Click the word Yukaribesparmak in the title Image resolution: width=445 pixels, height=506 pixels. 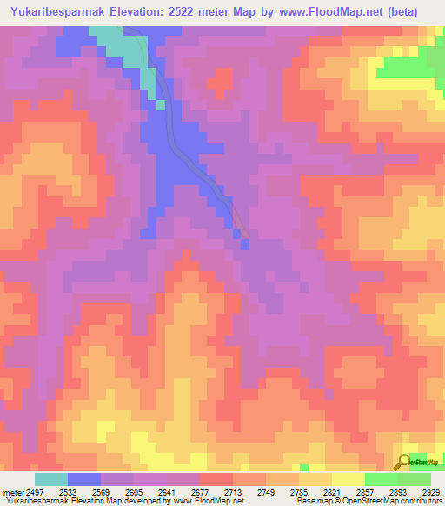(58, 12)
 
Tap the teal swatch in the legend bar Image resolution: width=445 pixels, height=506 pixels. (51, 479)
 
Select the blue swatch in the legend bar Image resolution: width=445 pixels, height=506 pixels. (84, 479)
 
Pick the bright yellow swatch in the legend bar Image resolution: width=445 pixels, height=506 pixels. (348, 479)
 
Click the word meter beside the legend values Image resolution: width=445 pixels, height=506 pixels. (11, 491)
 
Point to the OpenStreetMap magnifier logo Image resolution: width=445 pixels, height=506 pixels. (404, 462)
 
